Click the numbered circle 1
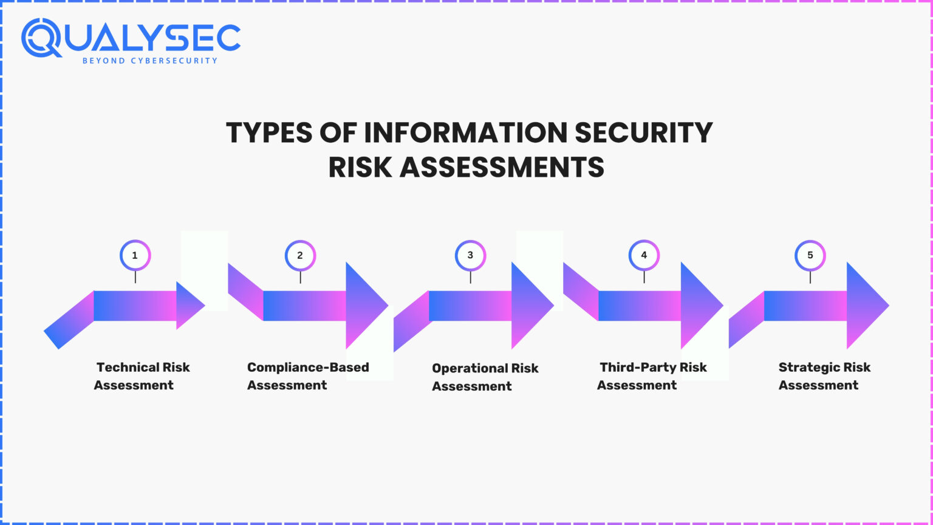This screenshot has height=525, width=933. click(x=135, y=256)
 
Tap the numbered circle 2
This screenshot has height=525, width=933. click(x=300, y=256)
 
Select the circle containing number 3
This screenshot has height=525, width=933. click(x=470, y=256)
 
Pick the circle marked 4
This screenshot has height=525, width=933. click(x=644, y=256)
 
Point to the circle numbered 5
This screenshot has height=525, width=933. click(x=810, y=256)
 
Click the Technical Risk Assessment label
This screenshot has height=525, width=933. click(x=142, y=376)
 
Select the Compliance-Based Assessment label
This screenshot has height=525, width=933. click(x=307, y=376)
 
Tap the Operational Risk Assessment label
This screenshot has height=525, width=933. click(x=485, y=377)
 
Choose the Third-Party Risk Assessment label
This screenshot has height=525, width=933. click(x=652, y=376)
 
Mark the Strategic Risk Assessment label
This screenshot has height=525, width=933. click(x=824, y=376)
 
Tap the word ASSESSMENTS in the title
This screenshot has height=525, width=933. click(x=502, y=167)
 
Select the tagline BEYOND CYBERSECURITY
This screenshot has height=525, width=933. click(x=149, y=61)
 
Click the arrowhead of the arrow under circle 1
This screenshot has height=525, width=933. click(x=189, y=306)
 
